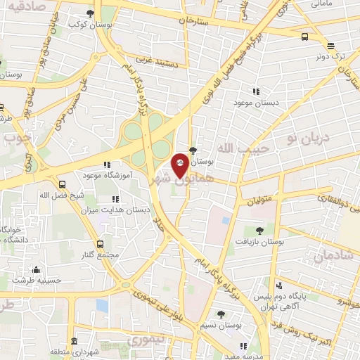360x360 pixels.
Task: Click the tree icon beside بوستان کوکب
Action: (91, 13)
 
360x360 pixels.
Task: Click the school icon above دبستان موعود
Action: (256, 91)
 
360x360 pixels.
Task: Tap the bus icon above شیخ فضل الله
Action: (63, 184)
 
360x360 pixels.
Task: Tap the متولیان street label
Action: (260, 200)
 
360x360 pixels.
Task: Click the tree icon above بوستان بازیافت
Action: (260, 230)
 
